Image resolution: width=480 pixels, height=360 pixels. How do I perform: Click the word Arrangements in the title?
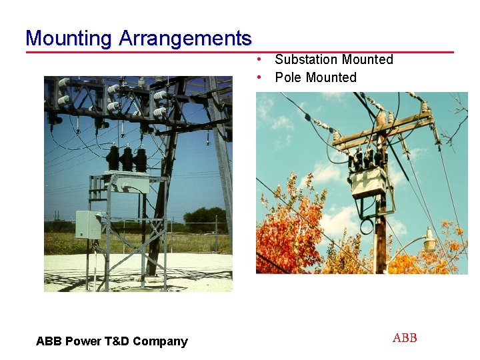(x=185, y=38)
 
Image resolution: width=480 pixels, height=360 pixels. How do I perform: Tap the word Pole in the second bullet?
(x=288, y=77)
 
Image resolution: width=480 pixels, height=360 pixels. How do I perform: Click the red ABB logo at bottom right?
(x=405, y=338)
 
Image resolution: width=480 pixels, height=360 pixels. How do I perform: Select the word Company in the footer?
(x=160, y=341)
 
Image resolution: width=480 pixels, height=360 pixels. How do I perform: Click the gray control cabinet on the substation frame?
(x=88, y=225)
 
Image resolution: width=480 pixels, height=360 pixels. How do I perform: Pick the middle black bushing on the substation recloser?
(x=127, y=159)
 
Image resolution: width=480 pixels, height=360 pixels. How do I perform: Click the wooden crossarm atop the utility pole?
(x=383, y=131)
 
